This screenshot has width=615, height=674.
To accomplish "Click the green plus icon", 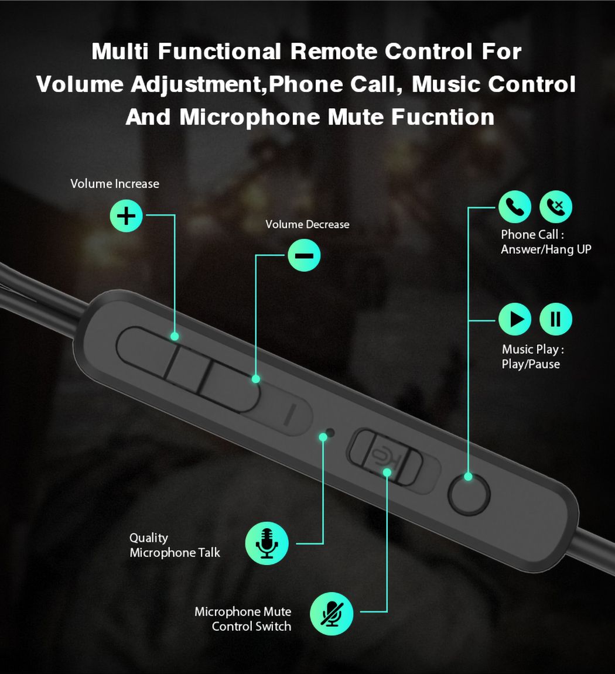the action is [x=126, y=215].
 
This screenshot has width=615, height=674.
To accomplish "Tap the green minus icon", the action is [x=304, y=255].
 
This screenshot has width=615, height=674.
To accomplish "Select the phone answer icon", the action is [x=515, y=207].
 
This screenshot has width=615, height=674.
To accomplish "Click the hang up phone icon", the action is [x=556, y=207].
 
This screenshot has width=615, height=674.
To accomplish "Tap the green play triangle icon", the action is [x=515, y=319].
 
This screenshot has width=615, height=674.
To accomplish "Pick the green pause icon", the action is [x=556, y=319].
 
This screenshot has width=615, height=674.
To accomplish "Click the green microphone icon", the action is [x=266, y=543].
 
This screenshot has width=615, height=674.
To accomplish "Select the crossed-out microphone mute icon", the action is [x=332, y=614].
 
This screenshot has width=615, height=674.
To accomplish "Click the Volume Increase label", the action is [x=115, y=184].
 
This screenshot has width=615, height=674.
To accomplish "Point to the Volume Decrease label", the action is [x=307, y=224].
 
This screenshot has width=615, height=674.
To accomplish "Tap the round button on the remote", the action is [x=469, y=494].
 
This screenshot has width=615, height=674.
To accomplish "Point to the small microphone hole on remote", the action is [x=330, y=432].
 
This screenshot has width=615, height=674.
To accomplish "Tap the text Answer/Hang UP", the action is [x=546, y=249].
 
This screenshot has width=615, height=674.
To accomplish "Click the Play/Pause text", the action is [x=531, y=364].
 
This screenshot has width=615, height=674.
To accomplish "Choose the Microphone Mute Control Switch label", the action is [x=243, y=619].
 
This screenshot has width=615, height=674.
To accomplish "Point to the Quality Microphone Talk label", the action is [x=175, y=545].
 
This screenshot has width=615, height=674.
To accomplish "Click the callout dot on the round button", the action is [x=469, y=477].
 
